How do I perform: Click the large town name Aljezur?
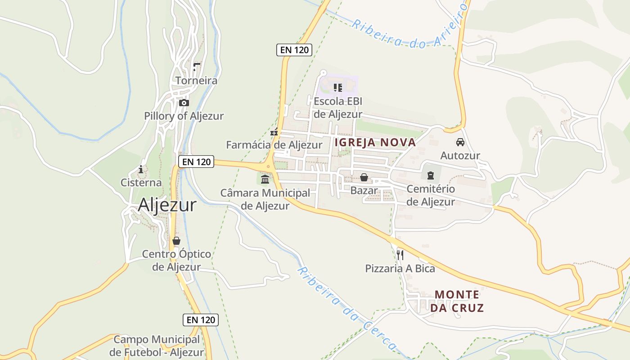[167, 205]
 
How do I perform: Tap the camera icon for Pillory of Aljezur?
[184, 103]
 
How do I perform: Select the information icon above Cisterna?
[141, 170]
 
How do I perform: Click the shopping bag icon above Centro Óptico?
[176, 241]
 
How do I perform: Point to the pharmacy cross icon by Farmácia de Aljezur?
[274, 133]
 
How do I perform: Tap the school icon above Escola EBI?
[338, 88]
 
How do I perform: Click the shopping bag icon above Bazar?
[364, 178]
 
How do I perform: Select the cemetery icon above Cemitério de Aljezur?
[431, 175]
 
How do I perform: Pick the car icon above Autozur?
[460, 143]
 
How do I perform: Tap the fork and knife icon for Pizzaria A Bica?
[400, 255]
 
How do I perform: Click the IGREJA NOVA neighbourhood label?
[375, 143]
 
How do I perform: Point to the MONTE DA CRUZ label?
[457, 301]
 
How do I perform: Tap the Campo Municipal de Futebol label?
[157, 346]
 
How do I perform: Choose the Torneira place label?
[196, 81]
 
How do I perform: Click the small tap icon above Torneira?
[196, 67]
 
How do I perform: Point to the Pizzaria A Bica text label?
[400, 269]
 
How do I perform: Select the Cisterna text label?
[141, 183]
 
